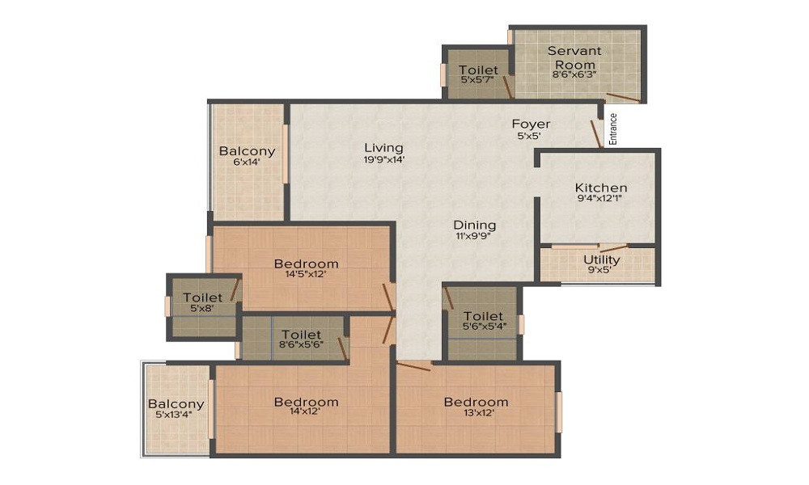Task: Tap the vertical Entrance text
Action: [612, 128]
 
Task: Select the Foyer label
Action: [531, 124]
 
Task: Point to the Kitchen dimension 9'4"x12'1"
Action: [601, 200]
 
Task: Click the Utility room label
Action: [602, 259]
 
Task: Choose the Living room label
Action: [383, 148]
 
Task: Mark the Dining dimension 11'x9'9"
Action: [474, 237]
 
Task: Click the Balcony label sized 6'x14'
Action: [247, 151]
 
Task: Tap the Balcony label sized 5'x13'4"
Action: [176, 404]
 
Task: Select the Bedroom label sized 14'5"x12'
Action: [306, 264]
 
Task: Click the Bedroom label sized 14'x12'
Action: [306, 402]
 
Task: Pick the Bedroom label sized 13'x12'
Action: [476, 402]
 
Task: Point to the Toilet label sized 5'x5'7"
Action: [478, 70]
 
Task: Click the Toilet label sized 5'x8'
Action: [202, 297]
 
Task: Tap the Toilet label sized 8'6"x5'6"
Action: [301, 335]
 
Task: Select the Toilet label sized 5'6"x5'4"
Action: [484, 316]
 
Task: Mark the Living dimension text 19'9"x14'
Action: [383, 159]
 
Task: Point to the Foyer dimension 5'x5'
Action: [531, 136]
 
